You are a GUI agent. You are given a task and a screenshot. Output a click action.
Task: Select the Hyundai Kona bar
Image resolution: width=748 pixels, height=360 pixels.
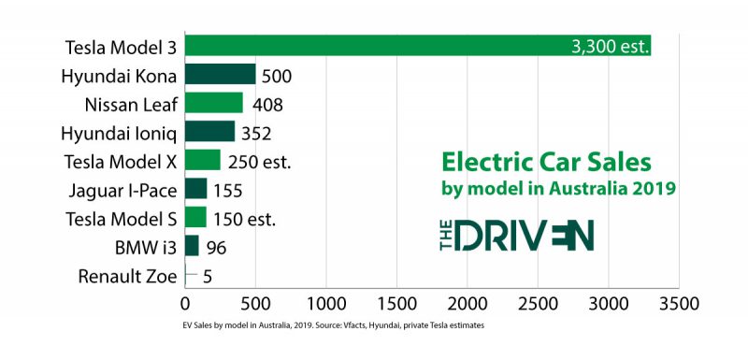220,75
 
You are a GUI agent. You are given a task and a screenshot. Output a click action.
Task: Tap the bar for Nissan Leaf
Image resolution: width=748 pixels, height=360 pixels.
213,103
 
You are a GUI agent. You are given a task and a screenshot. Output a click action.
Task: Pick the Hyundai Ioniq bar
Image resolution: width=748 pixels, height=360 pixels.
209,132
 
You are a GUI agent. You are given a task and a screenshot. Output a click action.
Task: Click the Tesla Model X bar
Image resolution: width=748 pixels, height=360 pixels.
202,161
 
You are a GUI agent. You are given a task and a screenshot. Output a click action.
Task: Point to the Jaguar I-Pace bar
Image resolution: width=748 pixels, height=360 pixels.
195,190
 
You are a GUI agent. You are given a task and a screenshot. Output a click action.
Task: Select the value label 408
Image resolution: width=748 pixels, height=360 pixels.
266,104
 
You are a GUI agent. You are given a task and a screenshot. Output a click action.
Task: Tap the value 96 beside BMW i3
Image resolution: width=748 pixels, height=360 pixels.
216,247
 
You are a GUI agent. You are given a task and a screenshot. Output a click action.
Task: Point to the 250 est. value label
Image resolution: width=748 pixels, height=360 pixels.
259,161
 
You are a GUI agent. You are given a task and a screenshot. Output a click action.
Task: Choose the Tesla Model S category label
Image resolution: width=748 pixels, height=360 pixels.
122,219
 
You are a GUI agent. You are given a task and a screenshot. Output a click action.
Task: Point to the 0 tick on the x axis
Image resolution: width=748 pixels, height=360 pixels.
184,304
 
